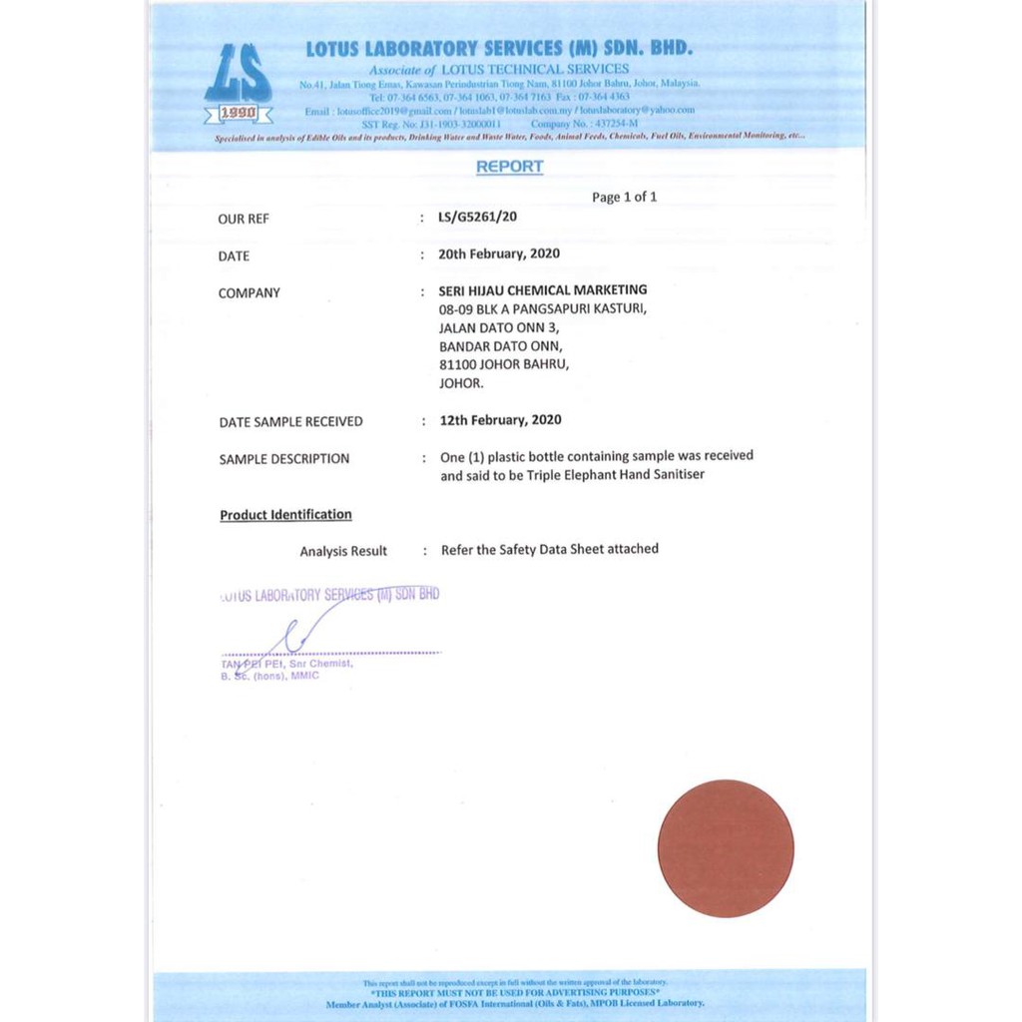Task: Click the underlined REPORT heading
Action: pyautogui.click(x=509, y=167)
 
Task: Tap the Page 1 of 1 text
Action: pyautogui.click(x=624, y=198)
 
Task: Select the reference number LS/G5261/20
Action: pyautogui.click(x=478, y=217)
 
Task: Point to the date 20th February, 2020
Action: pyautogui.click(x=499, y=254)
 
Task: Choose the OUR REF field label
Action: pyautogui.click(x=244, y=219)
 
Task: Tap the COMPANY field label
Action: pyautogui.click(x=249, y=292)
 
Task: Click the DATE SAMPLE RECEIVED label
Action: pyautogui.click(x=290, y=422)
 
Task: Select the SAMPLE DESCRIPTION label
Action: pyautogui.click(x=284, y=459)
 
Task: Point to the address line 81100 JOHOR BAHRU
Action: pyautogui.click(x=504, y=364)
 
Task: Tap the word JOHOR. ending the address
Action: pyautogui.click(x=461, y=383)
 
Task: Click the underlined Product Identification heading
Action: pyautogui.click(x=285, y=515)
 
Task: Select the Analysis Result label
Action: pyautogui.click(x=343, y=551)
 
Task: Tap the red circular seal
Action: pyautogui.click(x=726, y=848)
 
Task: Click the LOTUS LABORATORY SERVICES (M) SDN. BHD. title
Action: pyautogui.click(x=499, y=49)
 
